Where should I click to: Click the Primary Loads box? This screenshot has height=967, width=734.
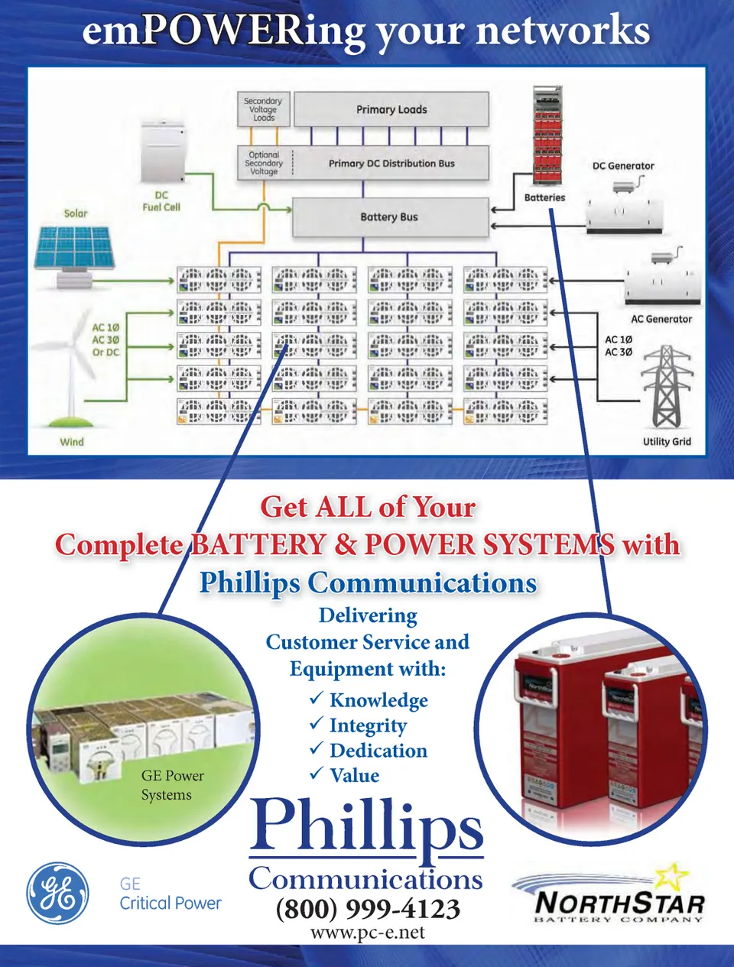[x=391, y=109]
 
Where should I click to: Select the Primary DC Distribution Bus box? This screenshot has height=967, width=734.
[x=391, y=163]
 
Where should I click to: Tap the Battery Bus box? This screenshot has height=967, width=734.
[x=390, y=217]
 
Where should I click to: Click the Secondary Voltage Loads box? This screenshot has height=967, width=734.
[x=263, y=109]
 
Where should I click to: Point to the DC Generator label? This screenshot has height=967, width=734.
[x=623, y=166]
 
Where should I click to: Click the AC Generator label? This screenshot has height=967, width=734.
[x=661, y=320]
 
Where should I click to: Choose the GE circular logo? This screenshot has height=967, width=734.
[x=57, y=894]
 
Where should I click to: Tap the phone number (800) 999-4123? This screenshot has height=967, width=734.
[x=368, y=909]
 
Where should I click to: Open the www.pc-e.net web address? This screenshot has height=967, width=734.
[x=368, y=933]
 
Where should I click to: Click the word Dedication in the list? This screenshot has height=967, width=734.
[x=378, y=751]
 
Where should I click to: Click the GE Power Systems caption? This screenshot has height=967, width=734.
[x=172, y=785]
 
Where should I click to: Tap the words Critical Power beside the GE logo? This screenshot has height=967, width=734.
[x=170, y=903]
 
